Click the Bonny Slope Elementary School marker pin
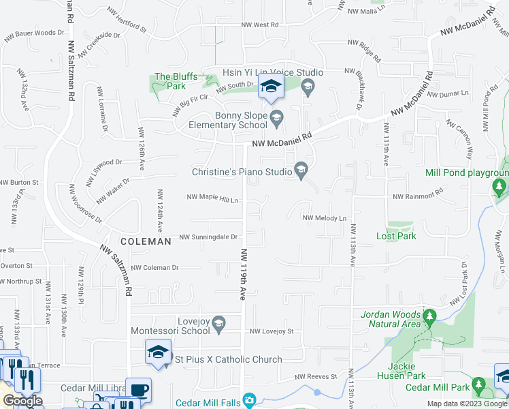[x=277, y=120]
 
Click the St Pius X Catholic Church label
[x=229, y=359]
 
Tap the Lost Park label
[x=396, y=236]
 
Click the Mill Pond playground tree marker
[x=499, y=185]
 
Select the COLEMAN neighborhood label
[x=146, y=241]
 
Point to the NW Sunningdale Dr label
[x=208, y=237]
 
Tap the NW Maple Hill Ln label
[x=213, y=200]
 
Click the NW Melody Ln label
[x=325, y=218]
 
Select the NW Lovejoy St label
[x=271, y=331]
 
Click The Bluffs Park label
[x=170, y=81]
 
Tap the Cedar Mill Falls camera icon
[x=250, y=399]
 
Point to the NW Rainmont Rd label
[x=418, y=196]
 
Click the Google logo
[x=22, y=401]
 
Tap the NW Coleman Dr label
[x=154, y=268]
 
